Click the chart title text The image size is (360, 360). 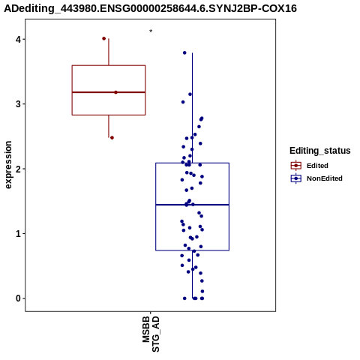(x=150, y=8)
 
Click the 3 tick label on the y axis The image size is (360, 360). (x=18, y=104)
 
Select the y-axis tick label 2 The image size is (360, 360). (x=18, y=169)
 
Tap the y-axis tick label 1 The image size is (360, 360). (x=18, y=233)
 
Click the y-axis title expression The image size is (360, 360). (x=8, y=165)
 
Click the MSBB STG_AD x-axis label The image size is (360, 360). (x=151, y=334)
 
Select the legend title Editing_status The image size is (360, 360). (x=319, y=151)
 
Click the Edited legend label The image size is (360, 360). (x=317, y=166)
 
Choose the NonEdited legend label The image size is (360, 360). (x=325, y=178)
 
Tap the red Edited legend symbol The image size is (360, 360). (x=296, y=166)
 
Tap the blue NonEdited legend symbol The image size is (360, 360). (x=296, y=178)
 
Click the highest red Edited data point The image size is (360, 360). (x=104, y=38)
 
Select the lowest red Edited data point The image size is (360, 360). (x=112, y=138)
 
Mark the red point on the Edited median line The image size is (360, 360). (x=115, y=92)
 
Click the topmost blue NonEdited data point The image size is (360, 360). (x=184, y=52)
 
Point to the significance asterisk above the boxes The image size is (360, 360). (x=151, y=31)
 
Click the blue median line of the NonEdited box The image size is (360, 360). (x=192, y=205)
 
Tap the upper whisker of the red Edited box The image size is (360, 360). (x=109, y=52)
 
